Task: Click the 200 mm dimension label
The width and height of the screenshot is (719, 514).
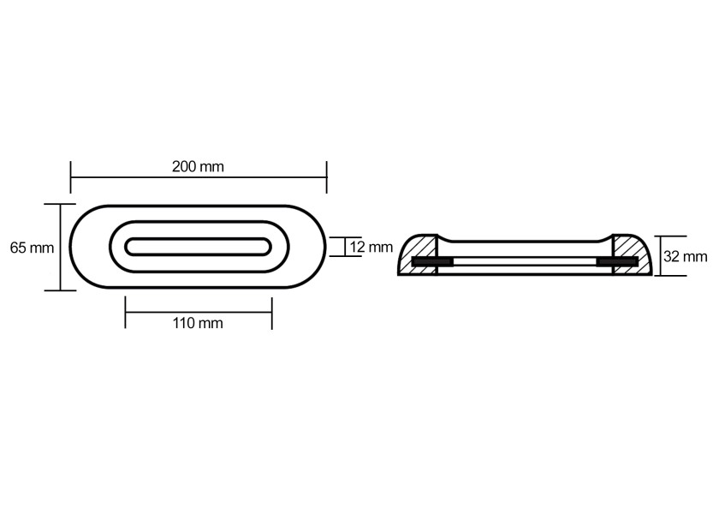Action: click(x=198, y=166)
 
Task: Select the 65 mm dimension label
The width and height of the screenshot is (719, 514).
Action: click(x=32, y=248)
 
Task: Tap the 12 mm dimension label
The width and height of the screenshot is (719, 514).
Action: click(x=371, y=247)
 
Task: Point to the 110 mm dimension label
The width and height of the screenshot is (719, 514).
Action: click(x=198, y=323)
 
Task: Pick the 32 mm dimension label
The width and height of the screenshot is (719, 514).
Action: click(x=686, y=256)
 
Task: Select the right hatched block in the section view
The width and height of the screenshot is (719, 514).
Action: click(x=633, y=254)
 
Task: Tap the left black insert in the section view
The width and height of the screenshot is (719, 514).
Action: click(x=432, y=261)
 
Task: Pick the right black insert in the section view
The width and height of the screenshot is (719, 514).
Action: click(x=617, y=261)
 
